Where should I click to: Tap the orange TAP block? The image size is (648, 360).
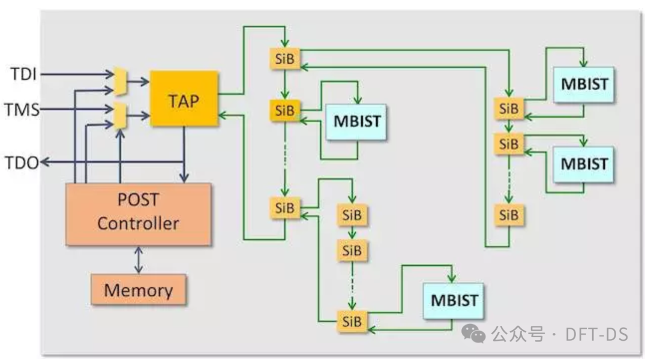pyautogui.click(x=184, y=98)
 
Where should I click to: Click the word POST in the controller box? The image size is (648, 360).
pyautogui.click(x=138, y=200)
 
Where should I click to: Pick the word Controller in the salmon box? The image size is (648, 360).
pyautogui.click(x=138, y=224)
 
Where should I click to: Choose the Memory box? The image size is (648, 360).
pyautogui.click(x=138, y=290)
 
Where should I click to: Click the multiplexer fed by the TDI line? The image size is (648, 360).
pyautogui.click(x=120, y=82)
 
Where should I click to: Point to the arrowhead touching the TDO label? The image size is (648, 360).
pyautogui.click(x=44, y=162)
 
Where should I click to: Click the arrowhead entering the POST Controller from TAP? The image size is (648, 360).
pyautogui.click(x=184, y=178)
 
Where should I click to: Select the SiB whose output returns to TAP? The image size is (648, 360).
pyautogui.click(x=285, y=208)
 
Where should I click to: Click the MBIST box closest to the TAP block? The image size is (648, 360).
pyautogui.click(x=357, y=121)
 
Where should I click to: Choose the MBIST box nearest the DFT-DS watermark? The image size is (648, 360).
pyautogui.click(x=454, y=300)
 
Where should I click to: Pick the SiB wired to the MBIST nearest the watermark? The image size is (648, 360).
pyautogui.click(x=353, y=321)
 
